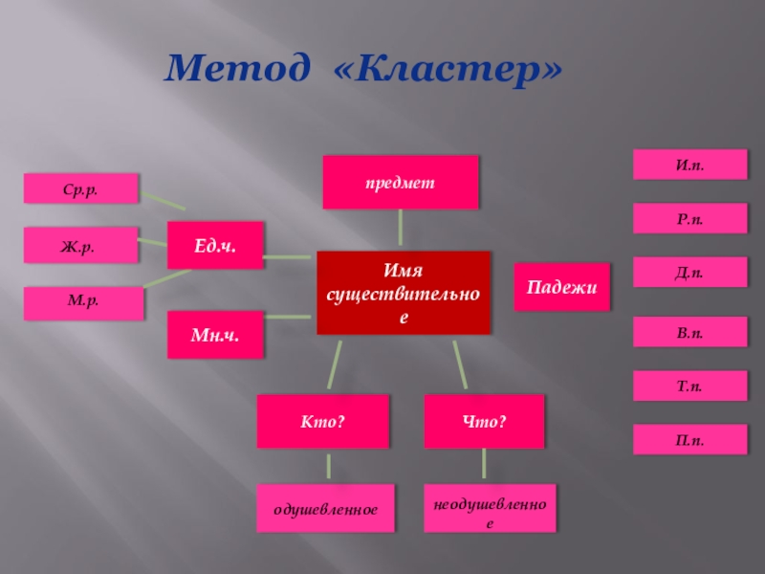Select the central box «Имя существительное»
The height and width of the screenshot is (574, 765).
(403, 293)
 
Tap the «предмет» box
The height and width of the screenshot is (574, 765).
(400, 182)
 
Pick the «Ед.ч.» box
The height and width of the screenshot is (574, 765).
(215, 245)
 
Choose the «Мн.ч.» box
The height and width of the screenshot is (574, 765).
(215, 335)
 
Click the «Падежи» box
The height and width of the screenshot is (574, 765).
(562, 287)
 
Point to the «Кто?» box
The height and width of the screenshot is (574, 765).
(323, 421)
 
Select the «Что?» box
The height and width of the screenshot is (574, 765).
(484, 421)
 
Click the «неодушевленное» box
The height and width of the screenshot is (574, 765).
(490, 509)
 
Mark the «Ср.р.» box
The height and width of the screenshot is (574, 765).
(81, 188)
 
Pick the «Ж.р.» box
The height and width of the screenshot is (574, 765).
(81, 245)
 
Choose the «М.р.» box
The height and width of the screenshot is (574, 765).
(84, 303)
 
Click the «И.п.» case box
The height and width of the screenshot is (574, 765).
(689, 165)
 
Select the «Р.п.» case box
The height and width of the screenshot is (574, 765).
(689, 219)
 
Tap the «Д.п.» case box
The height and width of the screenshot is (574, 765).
(689, 273)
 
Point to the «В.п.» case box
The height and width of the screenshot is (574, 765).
(689, 332)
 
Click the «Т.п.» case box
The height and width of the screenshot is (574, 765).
(689, 386)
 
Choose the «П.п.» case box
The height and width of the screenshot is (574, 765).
(689, 439)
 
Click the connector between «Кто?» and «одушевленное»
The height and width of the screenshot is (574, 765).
(328, 467)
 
